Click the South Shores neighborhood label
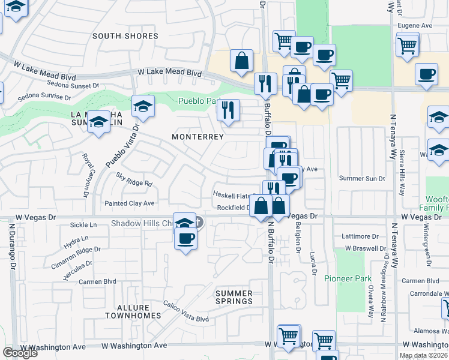tap(125, 36)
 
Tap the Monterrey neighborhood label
tap(197, 137)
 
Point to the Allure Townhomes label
tap(133, 311)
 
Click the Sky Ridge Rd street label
tap(134, 179)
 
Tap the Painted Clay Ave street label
tap(130, 203)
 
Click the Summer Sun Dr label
tap(361, 178)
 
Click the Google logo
tap(20, 353)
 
